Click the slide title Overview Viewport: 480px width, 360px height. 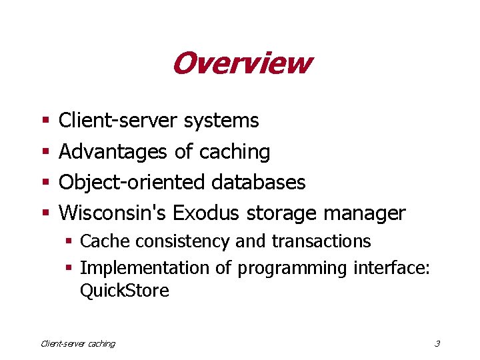click(241, 63)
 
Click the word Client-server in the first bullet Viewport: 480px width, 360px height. click(118, 121)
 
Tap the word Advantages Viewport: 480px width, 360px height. click(113, 152)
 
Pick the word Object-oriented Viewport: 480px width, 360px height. click(133, 182)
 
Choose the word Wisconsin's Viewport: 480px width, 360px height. click(113, 213)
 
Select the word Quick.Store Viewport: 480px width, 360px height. click(124, 291)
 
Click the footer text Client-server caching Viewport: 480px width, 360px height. click(78, 344)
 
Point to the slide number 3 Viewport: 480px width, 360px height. click(437, 344)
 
